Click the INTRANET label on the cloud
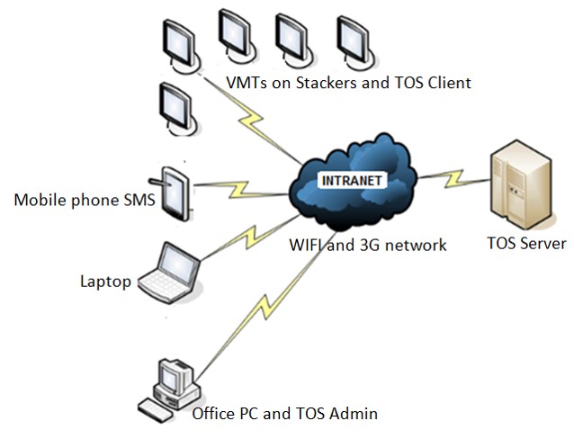pos(352,181)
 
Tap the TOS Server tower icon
pos(521,184)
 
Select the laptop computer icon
pos(170,273)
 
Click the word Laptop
pos(105,282)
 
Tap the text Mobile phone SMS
pos(85,201)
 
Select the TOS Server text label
pos(527,244)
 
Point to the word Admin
pos(353,414)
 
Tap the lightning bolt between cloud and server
pos(454,178)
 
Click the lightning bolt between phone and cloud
pos(238,189)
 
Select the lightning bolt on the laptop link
pos(249,238)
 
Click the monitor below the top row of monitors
pos(178,110)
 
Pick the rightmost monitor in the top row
pos(355,43)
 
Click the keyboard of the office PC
pos(156,410)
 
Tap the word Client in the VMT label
pos(450,83)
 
